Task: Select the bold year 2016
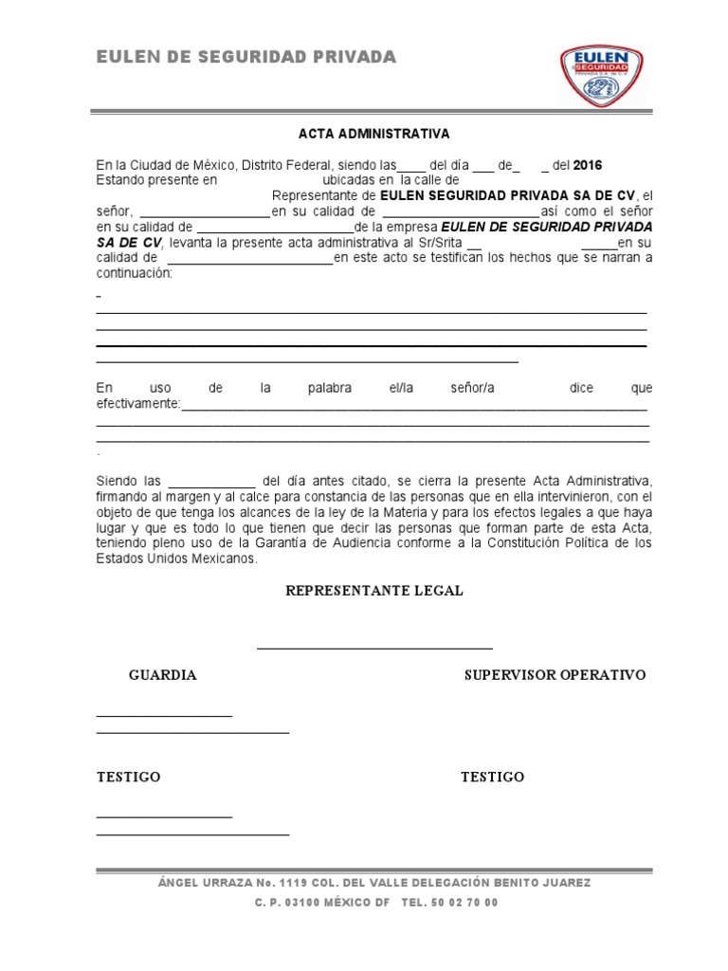coord(588,165)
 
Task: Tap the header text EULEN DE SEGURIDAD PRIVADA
coord(246,58)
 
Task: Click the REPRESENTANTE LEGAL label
coord(374,591)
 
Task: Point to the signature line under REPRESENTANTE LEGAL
coord(374,649)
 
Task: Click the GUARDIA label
coord(163,675)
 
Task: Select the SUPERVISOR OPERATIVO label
coord(555,675)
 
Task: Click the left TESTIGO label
coord(129,777)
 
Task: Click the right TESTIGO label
coord(493,777)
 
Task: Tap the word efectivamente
coord(138,404)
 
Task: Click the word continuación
coord(134,273)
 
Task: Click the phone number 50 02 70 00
coord(463,903)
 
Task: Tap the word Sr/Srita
coord(441,243)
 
